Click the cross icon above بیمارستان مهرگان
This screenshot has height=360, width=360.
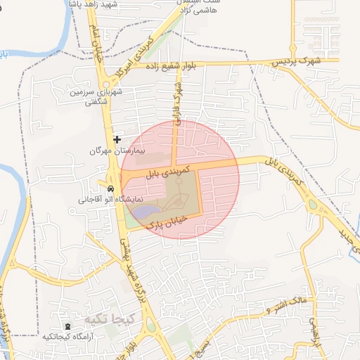(117, 139)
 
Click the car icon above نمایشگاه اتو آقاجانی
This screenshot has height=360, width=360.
(111, 189)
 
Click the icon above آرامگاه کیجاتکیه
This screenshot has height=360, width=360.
(67, 327)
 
